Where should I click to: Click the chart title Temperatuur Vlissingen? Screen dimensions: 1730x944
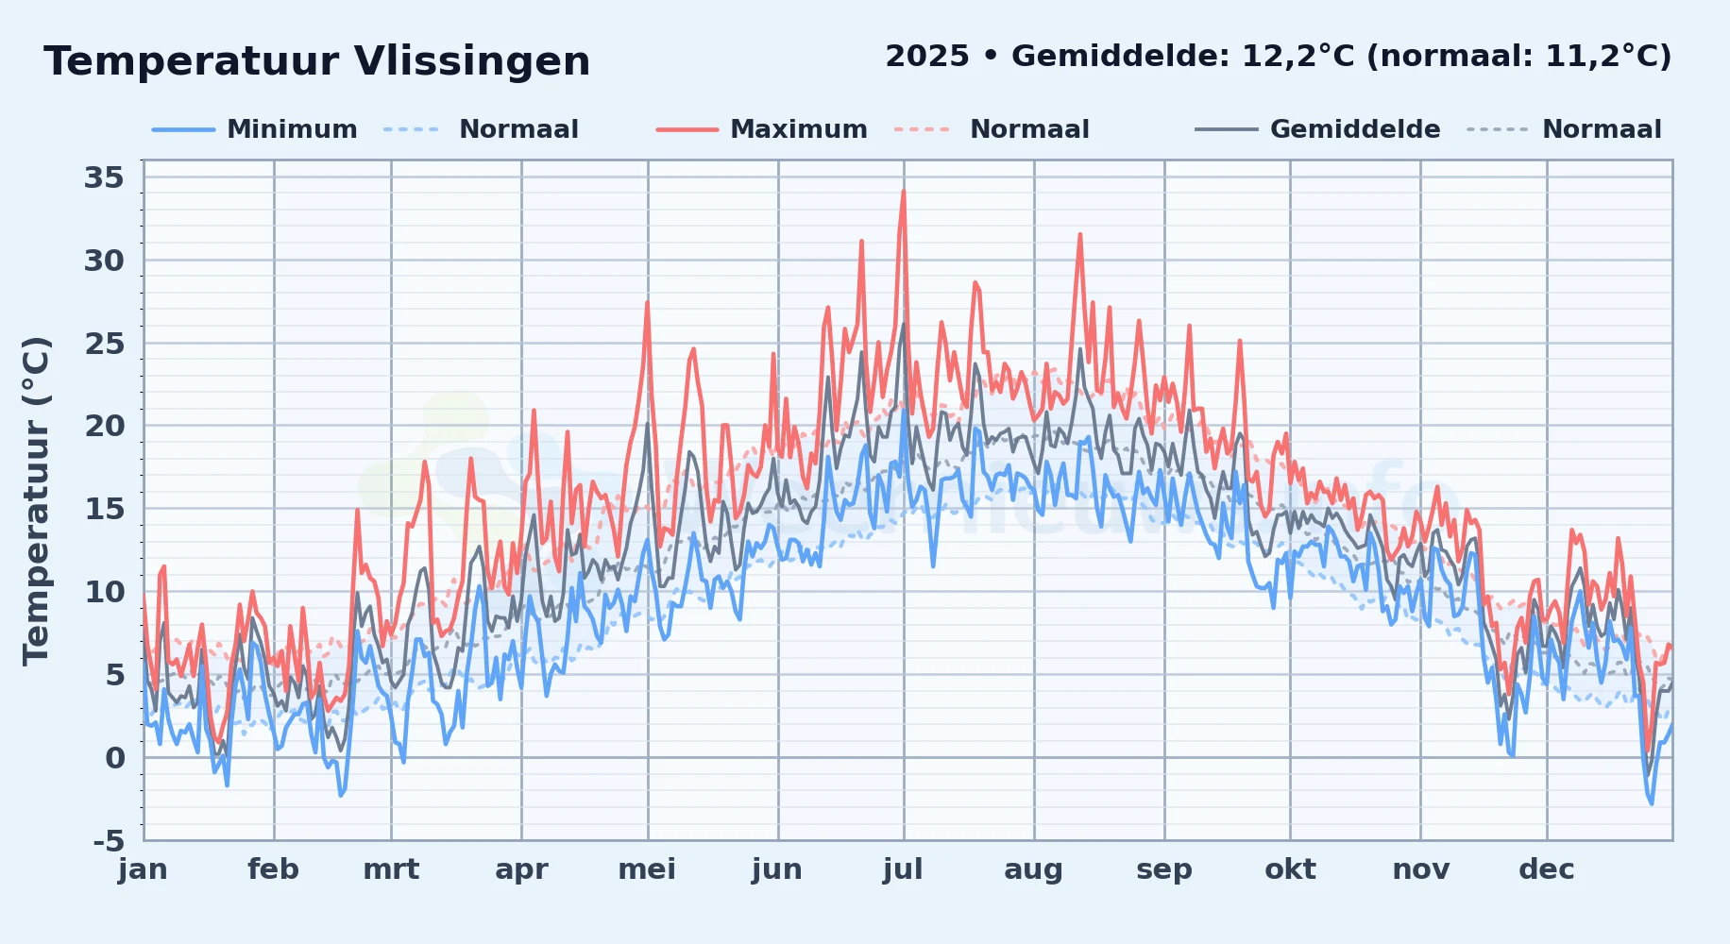[x=317, y=61]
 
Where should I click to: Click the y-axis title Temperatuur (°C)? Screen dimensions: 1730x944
[x=36, y=501]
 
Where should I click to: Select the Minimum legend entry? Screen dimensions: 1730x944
[x=255, y=129]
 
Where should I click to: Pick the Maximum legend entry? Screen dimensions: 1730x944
[x=762, y=129]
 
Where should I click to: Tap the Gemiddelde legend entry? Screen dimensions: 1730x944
[x=1318, y=129]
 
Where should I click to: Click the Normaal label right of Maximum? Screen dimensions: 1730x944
[x=1029, y=129]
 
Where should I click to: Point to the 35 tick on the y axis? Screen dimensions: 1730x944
[x=104, y=177]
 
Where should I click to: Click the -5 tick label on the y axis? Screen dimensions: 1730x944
[x=109, y=840]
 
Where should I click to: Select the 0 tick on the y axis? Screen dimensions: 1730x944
[x=115, y=757]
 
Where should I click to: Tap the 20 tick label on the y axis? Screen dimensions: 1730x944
[x=104, y=426]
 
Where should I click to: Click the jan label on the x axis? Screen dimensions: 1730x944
[x=144, y=869]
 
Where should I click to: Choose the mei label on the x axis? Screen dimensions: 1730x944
[x=647, y=869]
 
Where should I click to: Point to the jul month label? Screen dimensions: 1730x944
[x=903, y=869]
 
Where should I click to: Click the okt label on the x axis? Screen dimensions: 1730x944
[x=1290, y=869]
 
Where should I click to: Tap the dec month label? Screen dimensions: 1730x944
[x=1547, y=869]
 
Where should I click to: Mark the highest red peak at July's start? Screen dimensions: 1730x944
[x=904, y=192]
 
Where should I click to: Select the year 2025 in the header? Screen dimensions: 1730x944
[x=927, y=57]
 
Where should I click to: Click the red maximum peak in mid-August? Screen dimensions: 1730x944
[x=1080, y=234]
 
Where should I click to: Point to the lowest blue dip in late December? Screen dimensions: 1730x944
[x=1652, y=803]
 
